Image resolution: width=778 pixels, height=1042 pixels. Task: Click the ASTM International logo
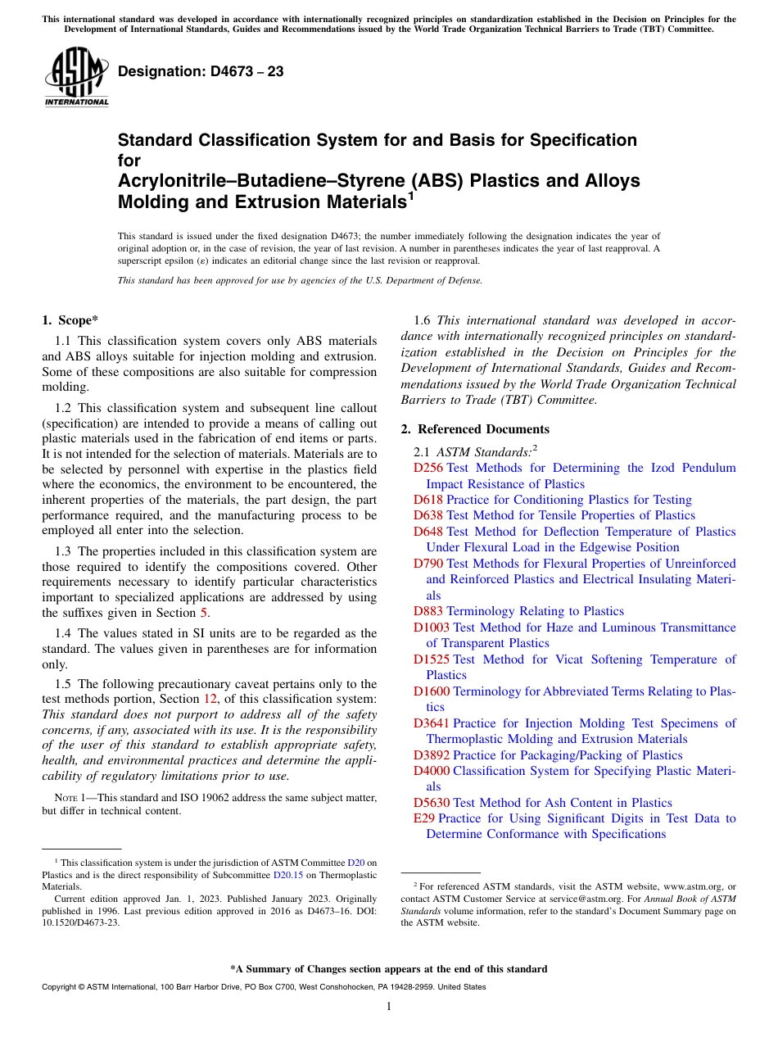76,78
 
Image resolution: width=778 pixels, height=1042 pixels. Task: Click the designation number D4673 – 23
201,71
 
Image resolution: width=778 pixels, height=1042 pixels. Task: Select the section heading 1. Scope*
70,320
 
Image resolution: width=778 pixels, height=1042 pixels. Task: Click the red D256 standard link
428,468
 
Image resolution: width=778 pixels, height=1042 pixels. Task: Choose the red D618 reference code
428,500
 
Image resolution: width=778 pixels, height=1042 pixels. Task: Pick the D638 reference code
428,515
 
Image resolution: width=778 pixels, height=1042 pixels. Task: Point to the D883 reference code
428,611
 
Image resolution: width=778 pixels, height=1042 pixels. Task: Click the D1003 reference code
432,627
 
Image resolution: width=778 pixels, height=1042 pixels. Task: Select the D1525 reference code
432,659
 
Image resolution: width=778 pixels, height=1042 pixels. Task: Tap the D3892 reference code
432,755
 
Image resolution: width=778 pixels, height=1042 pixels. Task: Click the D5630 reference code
432,803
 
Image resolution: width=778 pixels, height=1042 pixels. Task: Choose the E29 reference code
424,818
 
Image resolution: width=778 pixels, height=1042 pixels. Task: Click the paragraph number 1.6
423,320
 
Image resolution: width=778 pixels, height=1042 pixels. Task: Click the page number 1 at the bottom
389,1006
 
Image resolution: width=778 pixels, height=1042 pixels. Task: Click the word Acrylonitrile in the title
169,180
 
